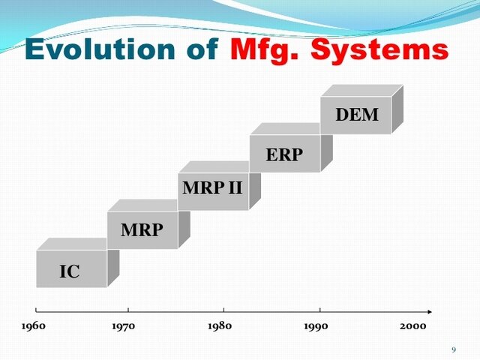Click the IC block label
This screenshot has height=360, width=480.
(69, 272)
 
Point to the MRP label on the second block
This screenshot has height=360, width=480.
(141, 230)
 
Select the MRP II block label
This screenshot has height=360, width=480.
(213, 187)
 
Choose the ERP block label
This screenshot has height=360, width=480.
(284, 155)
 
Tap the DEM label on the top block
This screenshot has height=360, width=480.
(356, 115)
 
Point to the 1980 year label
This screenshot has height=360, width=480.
(219, 326)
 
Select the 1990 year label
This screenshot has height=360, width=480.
(315, 326)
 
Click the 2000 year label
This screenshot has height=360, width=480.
(412, 326)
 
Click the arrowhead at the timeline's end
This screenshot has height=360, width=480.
(428, 310)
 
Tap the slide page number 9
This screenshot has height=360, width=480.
(454, 349)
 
